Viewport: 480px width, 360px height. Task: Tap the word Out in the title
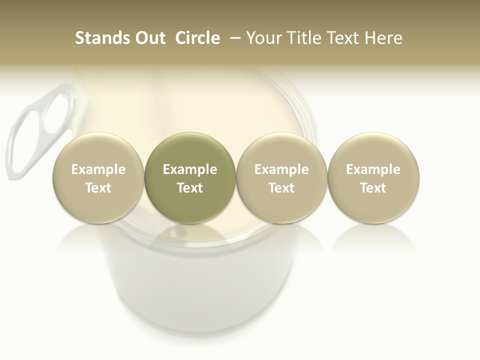tap(149, 38)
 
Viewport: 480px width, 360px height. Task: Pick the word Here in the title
tap(383, 38)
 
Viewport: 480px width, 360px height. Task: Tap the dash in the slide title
tap(234, 38)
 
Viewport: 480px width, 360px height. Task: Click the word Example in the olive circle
tap(190, 169)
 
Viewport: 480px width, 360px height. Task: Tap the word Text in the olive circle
tap(190, 188)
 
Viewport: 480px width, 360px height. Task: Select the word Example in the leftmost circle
tap(98, 169)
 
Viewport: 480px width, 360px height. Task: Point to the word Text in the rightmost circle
tap(373, 188)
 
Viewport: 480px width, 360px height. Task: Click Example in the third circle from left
tap(281, 169)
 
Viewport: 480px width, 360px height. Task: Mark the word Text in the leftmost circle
tap(98, 188)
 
